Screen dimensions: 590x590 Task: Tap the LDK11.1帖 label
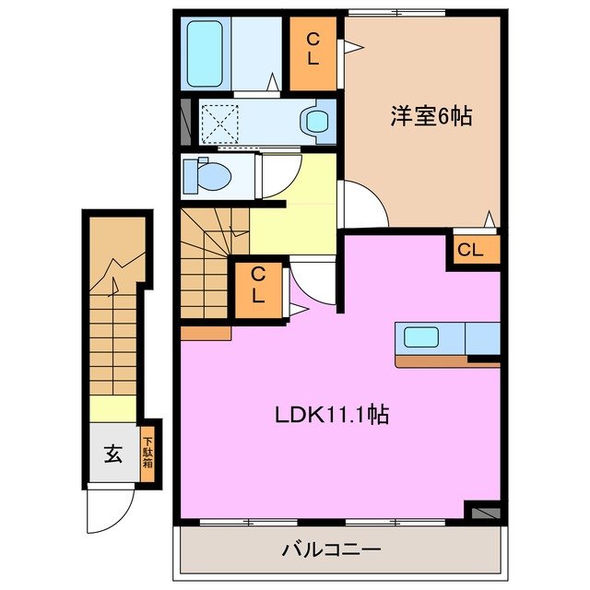click(330, 415)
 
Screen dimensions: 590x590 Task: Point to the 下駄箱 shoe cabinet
click(147, 452)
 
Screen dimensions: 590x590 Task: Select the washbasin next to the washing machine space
click(318, 121)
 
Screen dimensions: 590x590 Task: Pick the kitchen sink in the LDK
click(419, 338)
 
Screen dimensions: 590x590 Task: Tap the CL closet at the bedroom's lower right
click(470, 249)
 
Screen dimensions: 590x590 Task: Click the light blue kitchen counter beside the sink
click(482, 338)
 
